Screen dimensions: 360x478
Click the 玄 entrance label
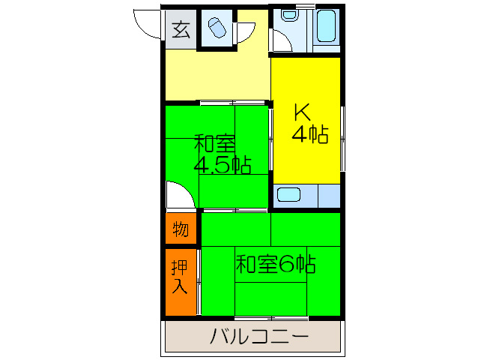[180, 30]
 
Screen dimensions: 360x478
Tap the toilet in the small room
[217, 28]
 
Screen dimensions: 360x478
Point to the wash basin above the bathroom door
[288, 15]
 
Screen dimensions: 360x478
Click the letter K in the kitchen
[301, 112]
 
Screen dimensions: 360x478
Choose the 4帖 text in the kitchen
[309, 135]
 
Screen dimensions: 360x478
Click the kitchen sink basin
[288, 195]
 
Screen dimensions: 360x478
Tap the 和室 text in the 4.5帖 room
[215, 142]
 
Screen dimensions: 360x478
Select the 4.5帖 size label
[223, 165]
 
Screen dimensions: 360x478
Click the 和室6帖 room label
[275, 264]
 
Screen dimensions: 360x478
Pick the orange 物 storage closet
[181, 228]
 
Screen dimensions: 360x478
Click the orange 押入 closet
[180, 276]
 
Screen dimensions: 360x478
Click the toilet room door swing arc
[246, 34]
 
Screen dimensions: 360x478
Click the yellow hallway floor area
[217, 75]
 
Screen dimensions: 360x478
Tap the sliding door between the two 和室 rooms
[234, 208]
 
